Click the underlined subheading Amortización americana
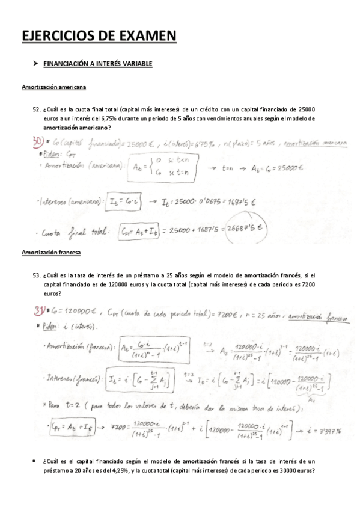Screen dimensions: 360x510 54,87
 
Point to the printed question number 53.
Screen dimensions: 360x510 37,275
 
